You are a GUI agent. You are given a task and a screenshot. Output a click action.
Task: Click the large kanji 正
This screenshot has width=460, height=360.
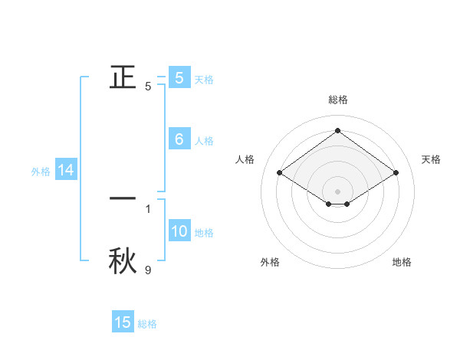pos(123,77)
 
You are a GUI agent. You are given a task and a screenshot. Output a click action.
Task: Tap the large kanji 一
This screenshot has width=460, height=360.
pos(123,198)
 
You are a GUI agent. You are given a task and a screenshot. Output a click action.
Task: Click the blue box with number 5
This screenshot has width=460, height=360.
pos(179,77)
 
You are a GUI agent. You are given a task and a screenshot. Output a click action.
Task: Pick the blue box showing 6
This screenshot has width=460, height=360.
pos(179,139)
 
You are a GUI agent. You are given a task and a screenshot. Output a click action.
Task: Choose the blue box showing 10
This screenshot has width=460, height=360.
pos(179,231)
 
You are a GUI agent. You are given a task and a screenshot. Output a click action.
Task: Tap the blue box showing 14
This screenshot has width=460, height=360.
pos(66,171)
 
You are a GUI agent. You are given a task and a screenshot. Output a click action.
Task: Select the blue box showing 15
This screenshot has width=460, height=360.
pos(123,322)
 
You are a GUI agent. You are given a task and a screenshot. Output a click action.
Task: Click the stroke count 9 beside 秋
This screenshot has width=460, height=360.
pos(148,270)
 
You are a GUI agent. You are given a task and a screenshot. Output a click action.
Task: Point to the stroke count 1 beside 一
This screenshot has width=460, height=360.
pos(148,208)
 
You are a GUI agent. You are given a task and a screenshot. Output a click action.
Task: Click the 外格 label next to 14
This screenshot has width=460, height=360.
pos(41,172)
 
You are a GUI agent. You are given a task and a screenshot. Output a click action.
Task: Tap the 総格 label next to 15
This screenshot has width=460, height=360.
pos(147,324)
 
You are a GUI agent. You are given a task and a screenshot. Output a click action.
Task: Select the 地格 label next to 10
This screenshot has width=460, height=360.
pos(204,233)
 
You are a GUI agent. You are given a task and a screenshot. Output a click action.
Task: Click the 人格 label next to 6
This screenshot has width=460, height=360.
pos(204,141)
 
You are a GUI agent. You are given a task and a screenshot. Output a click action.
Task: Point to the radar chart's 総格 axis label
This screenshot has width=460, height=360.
pos(338,100)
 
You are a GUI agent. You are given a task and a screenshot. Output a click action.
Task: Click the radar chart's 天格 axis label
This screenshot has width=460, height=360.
pos(431,159)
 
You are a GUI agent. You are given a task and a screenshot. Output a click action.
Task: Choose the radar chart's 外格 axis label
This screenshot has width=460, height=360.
pos(270,262)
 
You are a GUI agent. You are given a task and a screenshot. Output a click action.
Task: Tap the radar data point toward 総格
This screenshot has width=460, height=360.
pos(338,130)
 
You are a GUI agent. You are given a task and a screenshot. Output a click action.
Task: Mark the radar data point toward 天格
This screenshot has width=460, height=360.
pos(396,173)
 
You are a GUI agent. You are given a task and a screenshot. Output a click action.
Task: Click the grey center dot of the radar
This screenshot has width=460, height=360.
pos(338,191)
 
